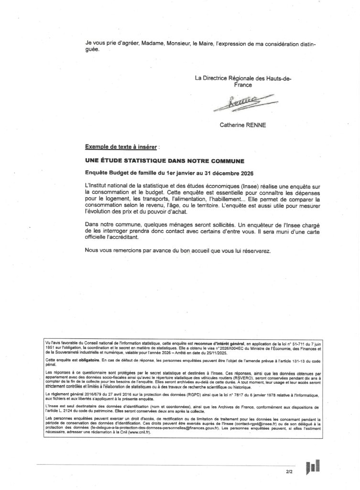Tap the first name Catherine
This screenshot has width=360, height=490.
tap(235, 127)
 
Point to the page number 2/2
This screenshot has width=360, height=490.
tap(289, 472)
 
